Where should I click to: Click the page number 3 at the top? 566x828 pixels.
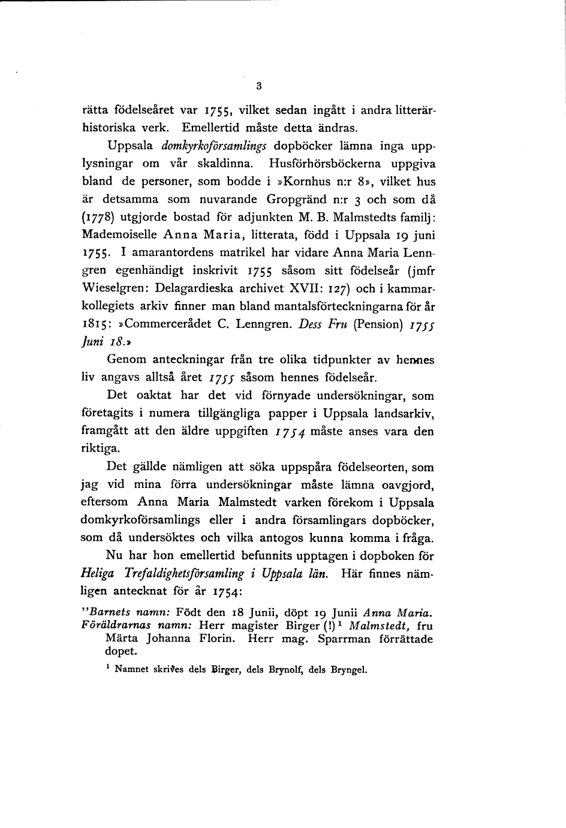(x=258, y=86)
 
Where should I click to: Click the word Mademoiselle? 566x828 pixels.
(x=113, y=234)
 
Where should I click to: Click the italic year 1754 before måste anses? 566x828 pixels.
(x=288, y=431)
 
